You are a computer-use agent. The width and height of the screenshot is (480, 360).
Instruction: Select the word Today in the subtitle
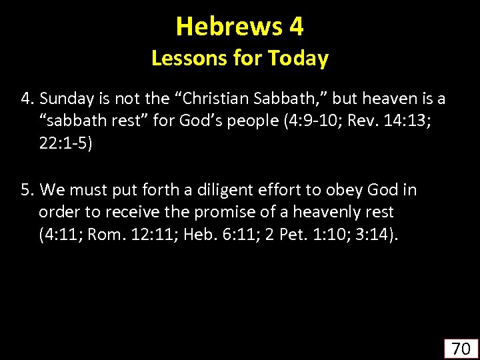(298, 59)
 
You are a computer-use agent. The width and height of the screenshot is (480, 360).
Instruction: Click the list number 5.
(26, 191)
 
